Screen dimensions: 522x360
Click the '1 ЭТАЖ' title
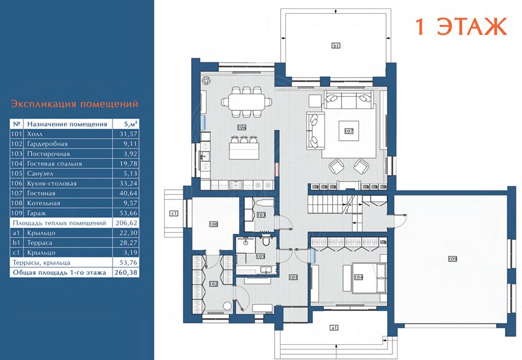pyautogui.click(x=461, y=27)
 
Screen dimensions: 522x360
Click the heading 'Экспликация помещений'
pyautogui.click(x=74, y=104)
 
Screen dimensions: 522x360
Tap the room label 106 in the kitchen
pyautogui.click(x=241, y=127)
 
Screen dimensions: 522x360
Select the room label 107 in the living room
pyautogui.click(x=348, y=131)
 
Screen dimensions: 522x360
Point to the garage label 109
pyautogui.click(x=452, y=258)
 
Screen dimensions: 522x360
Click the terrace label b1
pyautogui.click(x=336, y=45)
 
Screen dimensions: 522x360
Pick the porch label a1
pyautogui.click(x=334, y=328)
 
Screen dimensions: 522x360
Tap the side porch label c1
pyautogui.click(x=174, y=213)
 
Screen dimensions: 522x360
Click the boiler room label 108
pyautogui.click(x=213, y=224)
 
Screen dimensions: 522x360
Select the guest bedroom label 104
pyautogui.click(x=359, y=277)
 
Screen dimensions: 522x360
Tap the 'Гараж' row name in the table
pyautogui.click(x=36, y=213)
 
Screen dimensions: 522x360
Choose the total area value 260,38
pyautogui.click(x=126, y=272)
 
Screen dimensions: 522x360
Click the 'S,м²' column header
pyautogui.click(x=131, y=124)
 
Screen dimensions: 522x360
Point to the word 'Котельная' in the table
pyautogui.click(x=44, y=203)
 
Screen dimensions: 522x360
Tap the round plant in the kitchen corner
pyautogui.click(x=206, y=81)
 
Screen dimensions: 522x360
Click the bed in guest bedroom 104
pyautogui.click(x=365, y=278)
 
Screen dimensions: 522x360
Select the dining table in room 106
pyautogui.click(x=247, y=102)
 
